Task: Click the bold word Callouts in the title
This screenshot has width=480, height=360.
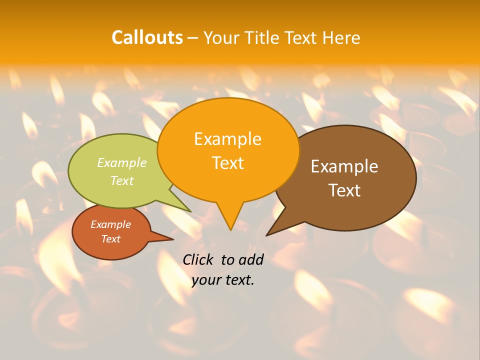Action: pos(147,37)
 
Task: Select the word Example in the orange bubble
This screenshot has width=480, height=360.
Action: pos(227,139)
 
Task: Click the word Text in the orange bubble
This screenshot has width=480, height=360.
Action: pos(227,162)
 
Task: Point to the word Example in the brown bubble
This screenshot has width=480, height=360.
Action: pos(344,166)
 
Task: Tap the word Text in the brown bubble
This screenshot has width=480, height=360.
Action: pos(344,190)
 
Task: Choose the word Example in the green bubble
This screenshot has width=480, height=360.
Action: pos(122,163)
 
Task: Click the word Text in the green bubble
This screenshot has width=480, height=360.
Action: pos(122,180)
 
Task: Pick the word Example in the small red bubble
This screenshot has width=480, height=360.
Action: pos(111,224)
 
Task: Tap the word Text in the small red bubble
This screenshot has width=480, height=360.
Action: pos(111,239)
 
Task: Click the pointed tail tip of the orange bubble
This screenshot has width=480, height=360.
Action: pos(230,230)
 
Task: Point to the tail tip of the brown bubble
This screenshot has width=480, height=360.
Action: pos(266,235)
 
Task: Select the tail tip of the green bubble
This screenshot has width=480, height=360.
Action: pos(190,212)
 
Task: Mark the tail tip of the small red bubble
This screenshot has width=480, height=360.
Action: pos(173,239)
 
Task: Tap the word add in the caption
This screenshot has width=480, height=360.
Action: pos(251,260)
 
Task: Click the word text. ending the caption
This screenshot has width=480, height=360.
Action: pos(239,280)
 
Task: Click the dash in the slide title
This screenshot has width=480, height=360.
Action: pos(193,38)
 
